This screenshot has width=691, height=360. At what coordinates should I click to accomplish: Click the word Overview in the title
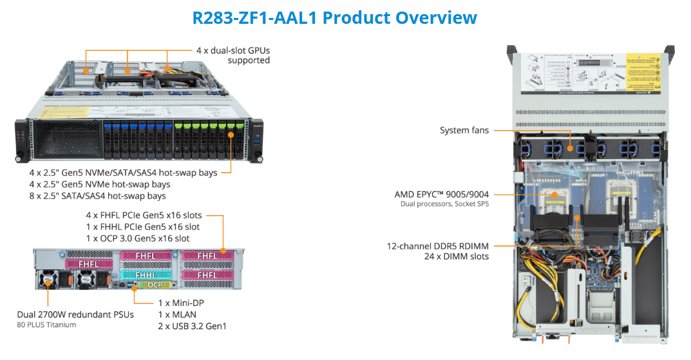[436, 17]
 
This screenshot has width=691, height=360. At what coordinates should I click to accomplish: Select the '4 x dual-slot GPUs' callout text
[233, 51]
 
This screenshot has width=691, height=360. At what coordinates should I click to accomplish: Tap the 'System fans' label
[464, 131]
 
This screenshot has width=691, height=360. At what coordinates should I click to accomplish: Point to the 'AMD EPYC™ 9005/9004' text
[442, 194]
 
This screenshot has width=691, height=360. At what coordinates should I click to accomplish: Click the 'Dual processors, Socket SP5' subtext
[444, 204]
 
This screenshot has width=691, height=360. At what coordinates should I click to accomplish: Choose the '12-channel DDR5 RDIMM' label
[438, 246]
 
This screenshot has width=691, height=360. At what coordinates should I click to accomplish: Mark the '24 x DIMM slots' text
[457, 256]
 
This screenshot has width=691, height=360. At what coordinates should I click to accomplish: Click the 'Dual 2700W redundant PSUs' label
[75, 315]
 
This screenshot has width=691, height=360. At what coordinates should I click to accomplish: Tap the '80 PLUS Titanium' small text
[46, 325]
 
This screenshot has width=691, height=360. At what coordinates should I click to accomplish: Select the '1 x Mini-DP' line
[181, 303]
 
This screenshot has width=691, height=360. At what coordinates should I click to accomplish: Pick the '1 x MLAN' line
[177, 315]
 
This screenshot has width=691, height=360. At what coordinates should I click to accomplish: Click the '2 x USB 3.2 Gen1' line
[192, 327]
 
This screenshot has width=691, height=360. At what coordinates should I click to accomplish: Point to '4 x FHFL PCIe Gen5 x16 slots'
[144, 216]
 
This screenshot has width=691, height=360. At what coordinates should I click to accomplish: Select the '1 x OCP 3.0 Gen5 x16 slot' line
[138, 238]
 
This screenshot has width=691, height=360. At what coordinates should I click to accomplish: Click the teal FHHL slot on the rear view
[146, 275]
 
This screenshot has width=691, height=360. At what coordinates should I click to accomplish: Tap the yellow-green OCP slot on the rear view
[155, 285]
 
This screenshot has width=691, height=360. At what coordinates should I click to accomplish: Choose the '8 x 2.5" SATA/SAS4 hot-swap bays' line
[97, 196]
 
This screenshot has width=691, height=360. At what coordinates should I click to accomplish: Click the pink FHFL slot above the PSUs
[89, 264]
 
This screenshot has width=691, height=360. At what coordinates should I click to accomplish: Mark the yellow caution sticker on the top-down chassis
[643, 71]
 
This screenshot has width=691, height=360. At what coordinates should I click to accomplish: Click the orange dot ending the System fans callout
[570, 149]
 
